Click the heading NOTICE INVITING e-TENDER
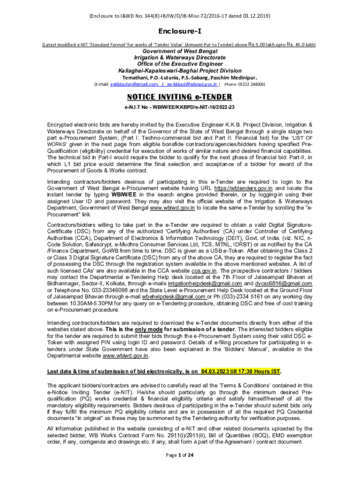tap(180, 97)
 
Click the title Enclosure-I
tap(180, 31)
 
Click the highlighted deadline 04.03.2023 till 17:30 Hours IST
tap(240, 372)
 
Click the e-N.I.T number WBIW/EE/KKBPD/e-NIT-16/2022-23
tap(193, 107)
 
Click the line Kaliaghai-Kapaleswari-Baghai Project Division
tap(180, 70)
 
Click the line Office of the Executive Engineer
tap(180, 64)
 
